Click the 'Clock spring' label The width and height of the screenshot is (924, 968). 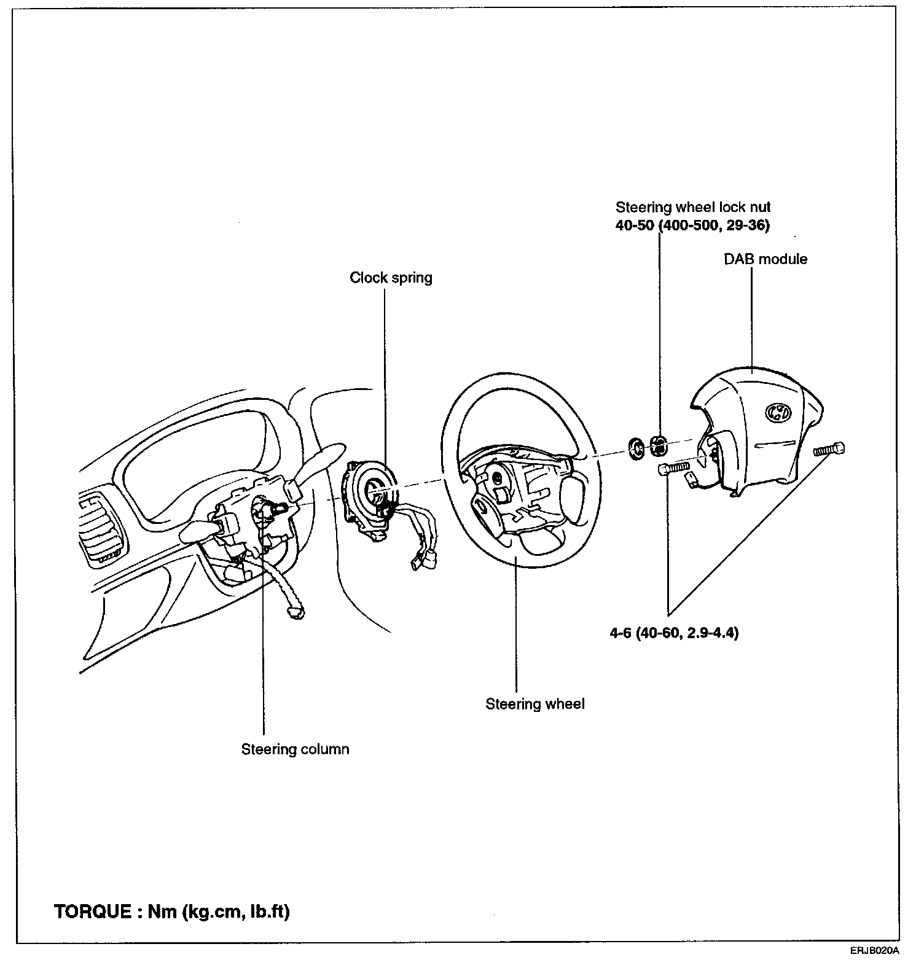[x=391, y=278]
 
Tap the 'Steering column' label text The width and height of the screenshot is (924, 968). [x=295, y=749]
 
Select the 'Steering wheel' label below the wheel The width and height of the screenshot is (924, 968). [x=534, y=704]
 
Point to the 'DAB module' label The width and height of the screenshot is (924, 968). [x=765, y=259]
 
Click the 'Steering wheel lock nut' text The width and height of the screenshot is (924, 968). [x=693, y=208]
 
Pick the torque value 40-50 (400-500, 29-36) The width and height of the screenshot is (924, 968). [x=692, y=225]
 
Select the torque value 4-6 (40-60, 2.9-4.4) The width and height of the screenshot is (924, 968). [x=674, y=633]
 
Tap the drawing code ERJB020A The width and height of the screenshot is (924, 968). [x=874, y=951]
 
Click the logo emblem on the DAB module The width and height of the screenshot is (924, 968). [x=777, y=413]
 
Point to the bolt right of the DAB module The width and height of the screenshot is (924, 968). [x=829, y=449]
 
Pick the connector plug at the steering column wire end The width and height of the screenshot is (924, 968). [x=296, y=611]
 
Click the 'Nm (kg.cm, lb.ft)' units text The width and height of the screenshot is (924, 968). [x=219, y=911]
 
